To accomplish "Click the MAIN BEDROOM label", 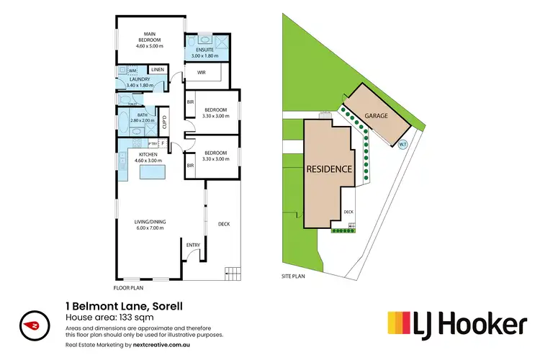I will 150,36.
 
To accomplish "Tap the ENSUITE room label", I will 207,50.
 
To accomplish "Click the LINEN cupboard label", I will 158,69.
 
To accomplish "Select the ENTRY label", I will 193,246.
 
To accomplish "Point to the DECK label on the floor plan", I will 223,224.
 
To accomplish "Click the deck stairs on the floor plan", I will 233,274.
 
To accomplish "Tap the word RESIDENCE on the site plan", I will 330,170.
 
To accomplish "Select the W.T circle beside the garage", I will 402,143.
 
